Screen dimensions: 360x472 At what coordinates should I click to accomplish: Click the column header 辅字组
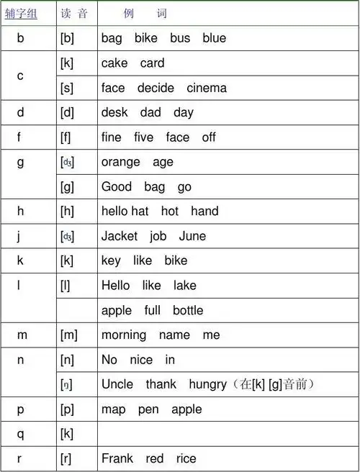click(x=21, y=14)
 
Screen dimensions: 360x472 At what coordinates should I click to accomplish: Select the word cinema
click(x=207, y=88)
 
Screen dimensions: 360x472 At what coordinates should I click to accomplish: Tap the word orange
click(x=120, y=162)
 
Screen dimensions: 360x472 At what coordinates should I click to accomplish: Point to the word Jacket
click(x=119, y=236)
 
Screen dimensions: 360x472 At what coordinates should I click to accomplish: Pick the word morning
click(x=124, y=335)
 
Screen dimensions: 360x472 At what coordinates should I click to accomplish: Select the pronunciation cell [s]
click(x=67, y=88)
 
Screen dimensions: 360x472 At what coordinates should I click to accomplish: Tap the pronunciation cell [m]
click(x=69, y=335)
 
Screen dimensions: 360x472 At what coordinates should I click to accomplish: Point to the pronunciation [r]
click(x=67, y=458)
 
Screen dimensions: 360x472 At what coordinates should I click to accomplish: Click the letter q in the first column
click(x=20, y=433)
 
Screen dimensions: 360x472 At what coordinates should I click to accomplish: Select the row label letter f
click(x=20, y=137)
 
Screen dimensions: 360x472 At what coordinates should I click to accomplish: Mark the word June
click(x=192, y=236)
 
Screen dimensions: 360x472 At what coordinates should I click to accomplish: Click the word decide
click(x=156, y=88)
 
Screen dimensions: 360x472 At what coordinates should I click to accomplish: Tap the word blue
click(x=214, y=38)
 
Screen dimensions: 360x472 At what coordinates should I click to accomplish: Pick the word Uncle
click(x=117, y=384)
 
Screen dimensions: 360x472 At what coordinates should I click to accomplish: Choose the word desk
click(x=114, y=113)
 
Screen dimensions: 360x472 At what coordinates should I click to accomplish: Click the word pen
click(x=148, y=409)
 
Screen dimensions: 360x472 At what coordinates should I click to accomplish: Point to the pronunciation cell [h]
click(x=67, y=211)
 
